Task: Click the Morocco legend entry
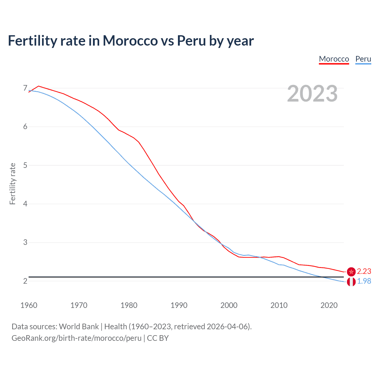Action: coord(334,59)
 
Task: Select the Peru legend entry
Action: coord(363,59)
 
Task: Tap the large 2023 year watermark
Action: coord(312,94)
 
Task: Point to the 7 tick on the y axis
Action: coord(25,88)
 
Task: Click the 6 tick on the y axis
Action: coord(25,127)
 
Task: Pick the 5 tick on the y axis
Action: coord(25,165)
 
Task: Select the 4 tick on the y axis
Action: coord(25,204)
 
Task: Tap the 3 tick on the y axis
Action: coord(25,243)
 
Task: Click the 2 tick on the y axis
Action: coord(25,281)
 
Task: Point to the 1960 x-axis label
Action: coord(29,305)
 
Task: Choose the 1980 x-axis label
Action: coord(129,305)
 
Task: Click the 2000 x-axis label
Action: coord(229,305)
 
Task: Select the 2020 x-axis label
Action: coord(329,305)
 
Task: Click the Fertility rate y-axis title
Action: coord(12,184)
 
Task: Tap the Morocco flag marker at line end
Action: coord(351,272)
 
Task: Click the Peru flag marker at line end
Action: coord(351,282)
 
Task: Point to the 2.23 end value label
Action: coord(364,272)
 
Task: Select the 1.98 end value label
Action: coord(364,281)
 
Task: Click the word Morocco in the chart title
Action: coord(130,41)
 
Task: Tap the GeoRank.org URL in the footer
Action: coord(76,338)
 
